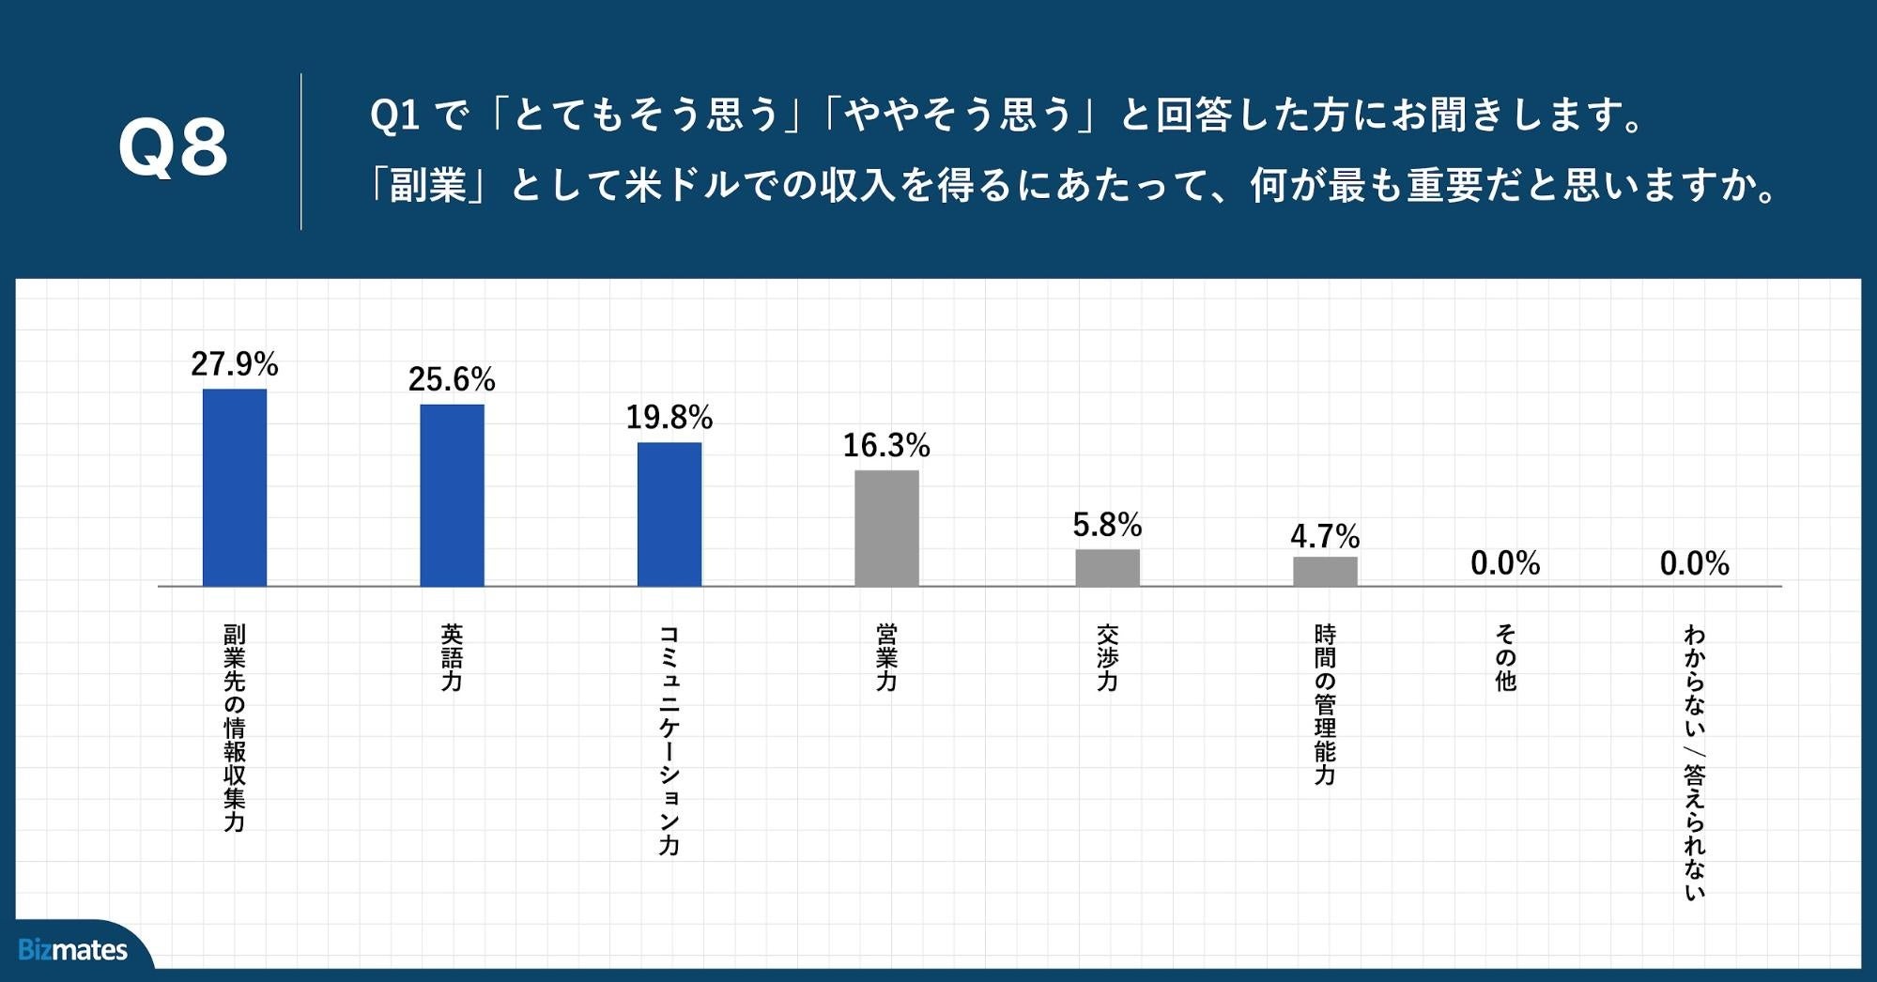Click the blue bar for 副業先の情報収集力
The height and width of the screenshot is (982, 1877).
pos(235,487)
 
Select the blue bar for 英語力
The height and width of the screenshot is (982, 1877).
pos(452,495)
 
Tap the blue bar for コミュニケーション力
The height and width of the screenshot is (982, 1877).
pos(669,514)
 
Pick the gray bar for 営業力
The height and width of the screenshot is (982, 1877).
pos(886,528)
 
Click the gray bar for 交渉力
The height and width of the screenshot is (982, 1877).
pos(1107,567)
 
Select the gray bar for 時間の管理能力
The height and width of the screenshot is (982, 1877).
pos(1325,571)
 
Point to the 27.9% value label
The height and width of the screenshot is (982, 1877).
pos(235,364)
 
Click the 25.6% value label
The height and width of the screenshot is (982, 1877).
pos(452,379)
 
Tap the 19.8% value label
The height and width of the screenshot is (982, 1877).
pos(669,417)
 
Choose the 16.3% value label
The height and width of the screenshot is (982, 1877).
pos(886,446)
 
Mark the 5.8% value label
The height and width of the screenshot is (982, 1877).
pos(1107,525)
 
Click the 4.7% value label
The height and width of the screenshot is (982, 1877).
pos(1325,537)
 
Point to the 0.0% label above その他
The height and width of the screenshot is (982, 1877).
pos(1505,563)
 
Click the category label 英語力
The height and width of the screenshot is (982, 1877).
pos(452,658)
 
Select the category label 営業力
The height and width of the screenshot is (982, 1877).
pos(886,658)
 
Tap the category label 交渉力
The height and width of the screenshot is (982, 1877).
pos(1107,658)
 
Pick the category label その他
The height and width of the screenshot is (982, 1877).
pos(1505,658)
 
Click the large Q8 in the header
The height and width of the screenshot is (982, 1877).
pos(173,148)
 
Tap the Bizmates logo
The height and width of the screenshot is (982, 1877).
pos(73,950)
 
